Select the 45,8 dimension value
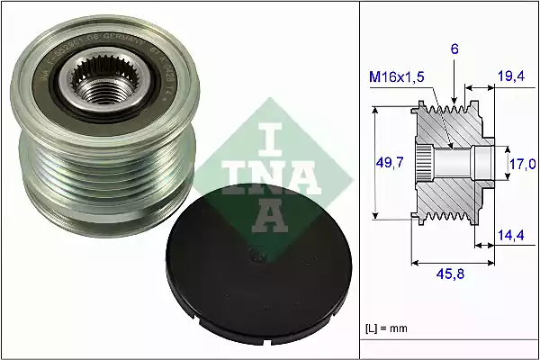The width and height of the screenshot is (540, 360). coord(449,275)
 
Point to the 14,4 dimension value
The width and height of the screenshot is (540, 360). coord(510,236)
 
